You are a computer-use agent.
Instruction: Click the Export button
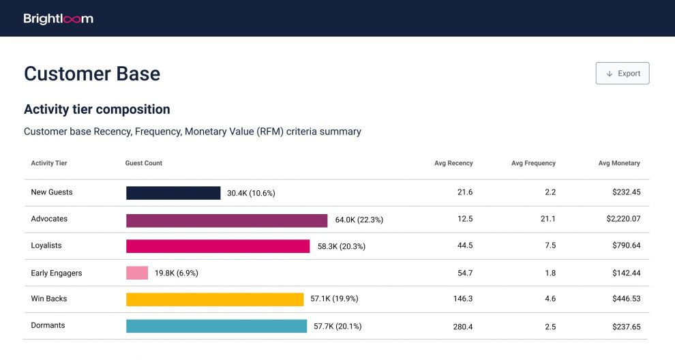pyautogui.click(x=622, y=73)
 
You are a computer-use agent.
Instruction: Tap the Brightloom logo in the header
pyautogui.click(x=58, y=18)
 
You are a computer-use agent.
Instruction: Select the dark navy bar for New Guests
pyautogui.click(x=173, y=193)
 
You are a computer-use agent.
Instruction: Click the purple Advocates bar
pyautogui.click(x=226, y=220)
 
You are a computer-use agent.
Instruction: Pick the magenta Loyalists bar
pyautogui.click(x=217, y=246)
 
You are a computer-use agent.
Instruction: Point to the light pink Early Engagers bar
pyautogui.click(x=137, y=273)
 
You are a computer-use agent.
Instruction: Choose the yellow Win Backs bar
pyautogui.click(x=215, y=299)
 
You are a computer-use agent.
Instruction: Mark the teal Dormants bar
pyautogui.click(x=217, y=326)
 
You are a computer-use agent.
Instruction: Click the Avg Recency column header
pyautogui.click(x=453, y=163)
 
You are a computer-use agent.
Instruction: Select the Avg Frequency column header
pyautogui.click(x=533, y=163)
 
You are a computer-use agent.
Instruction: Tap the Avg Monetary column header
pyautogui.click(x=619, y=163)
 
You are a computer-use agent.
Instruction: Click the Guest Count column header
pyautogui.click(x=144, y=163)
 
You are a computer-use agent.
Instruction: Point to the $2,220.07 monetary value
pyautogui.click(x=623, y=219)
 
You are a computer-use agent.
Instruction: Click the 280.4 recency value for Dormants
pyautogui.click(x=463, y=327)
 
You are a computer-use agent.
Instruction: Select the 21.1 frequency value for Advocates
pyautogui.click(x=548, y=219)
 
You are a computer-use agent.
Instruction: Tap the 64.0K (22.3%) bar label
pyautogui.click(x=359, y=220)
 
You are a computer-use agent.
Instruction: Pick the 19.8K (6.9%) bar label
pyautogui.click(x=177, y=273)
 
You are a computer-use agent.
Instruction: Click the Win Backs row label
pyautogui.click(x=49, y=299)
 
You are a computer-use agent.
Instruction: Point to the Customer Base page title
pyautogui.click(x=92, y=74)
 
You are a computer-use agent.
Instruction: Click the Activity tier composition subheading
pyautogui.click(x=97, y=109)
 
